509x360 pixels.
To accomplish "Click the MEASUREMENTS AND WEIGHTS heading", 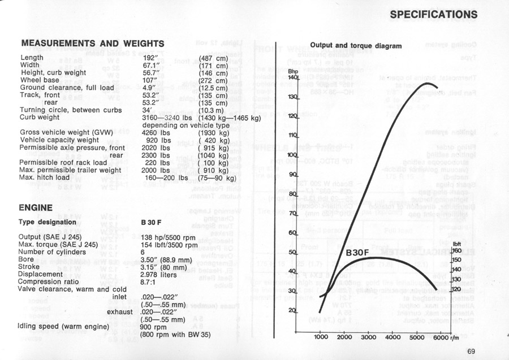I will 92,44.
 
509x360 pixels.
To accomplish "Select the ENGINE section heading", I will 36,207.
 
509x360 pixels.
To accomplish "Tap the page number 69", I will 472,352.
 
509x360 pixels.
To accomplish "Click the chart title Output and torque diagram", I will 356,46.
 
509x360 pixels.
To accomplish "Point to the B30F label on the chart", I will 359,254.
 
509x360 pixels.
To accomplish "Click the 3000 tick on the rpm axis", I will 368,337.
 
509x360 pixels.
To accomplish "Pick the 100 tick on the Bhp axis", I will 292,155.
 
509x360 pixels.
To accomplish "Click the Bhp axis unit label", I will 292,71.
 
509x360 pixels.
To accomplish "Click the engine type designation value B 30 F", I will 151,223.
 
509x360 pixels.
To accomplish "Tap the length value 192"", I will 154,58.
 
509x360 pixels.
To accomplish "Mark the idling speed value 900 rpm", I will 153,327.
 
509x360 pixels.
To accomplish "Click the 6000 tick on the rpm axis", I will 441,337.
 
